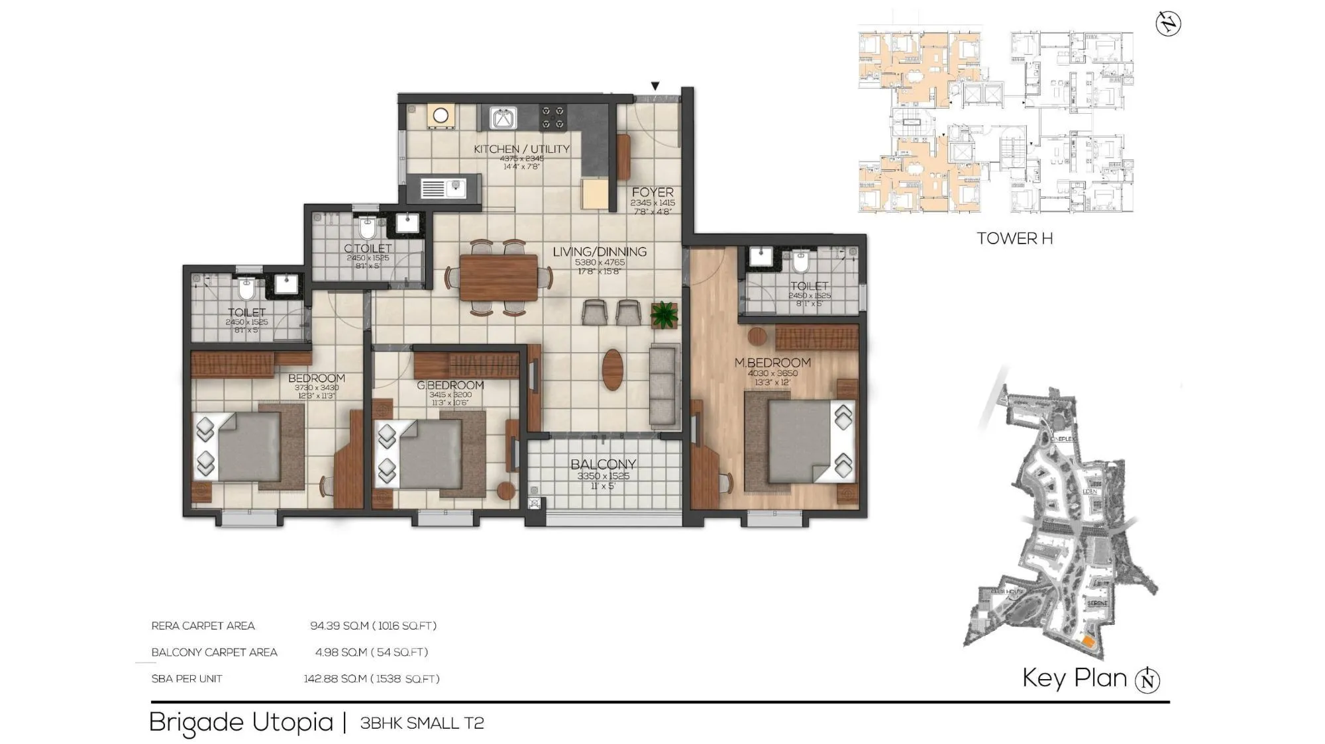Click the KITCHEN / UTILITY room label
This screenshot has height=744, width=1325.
(521, 149)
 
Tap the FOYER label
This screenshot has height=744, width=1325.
(652, 192)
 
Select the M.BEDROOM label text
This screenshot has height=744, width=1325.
(772, 363)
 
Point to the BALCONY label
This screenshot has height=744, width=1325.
(603, 464)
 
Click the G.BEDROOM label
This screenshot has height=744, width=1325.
(450, 385)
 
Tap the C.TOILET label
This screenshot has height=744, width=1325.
(368, 248)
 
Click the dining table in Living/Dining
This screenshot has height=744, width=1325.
(498, 277)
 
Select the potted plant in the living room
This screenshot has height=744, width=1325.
(664, 315)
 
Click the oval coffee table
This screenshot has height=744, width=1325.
(613, 369)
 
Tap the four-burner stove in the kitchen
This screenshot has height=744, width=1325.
(553, 118)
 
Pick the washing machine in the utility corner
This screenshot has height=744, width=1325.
(441, 116)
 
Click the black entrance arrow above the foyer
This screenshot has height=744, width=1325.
(655, 86)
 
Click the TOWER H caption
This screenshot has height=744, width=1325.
(1014, 238)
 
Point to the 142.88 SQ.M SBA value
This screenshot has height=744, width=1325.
(335, 678)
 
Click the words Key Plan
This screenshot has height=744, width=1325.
(1074, 678)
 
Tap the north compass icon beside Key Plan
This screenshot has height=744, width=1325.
(1147, 680)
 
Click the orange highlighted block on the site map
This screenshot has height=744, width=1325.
(1088, 641)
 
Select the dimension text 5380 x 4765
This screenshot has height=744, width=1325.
(600, 262)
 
